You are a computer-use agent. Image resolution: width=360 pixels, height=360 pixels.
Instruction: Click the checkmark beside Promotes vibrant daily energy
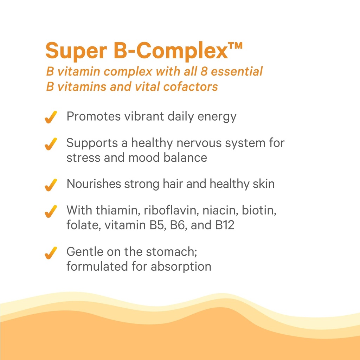[51, 117]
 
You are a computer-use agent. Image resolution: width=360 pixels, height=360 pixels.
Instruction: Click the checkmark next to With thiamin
[51, 211]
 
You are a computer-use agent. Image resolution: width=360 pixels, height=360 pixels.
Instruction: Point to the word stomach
[175, 252]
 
